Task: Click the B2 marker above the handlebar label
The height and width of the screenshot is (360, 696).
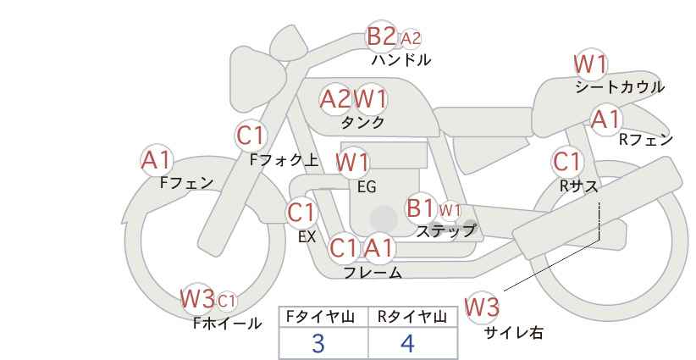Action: pyautogui.click(x=381, y=36)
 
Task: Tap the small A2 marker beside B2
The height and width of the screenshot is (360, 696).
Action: pyautogui.click(x=411, y=39)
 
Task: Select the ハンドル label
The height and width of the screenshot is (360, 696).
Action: pyautogui.click(x=401, y=59)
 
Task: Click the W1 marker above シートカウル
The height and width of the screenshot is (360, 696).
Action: pyautogui.click(x=590, y=64)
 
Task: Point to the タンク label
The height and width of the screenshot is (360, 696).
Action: pyautogui.click(x=362, y=122)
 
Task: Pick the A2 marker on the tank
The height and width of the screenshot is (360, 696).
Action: pyautogui.click(x=335, y=99)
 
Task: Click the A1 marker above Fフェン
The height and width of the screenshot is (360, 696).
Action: pyautogui.click(x=157, y=160)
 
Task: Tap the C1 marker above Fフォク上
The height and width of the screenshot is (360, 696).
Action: pyautogui.click(x=251, y=136)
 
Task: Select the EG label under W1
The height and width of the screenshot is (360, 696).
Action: pyautogui.click(x=367, y=187)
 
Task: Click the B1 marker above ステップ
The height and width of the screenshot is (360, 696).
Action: pyautogui.click(x=420, y=208)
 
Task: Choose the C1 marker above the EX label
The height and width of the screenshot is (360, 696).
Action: pyautogui.click(x=301, y=213)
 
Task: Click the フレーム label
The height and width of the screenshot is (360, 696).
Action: pyautogui.click(x=373, y=272)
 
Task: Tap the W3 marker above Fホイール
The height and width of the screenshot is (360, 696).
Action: pyautogui.click(x=197, y=298)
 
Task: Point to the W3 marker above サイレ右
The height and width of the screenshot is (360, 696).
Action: pyautogui.click(x=482, y=307)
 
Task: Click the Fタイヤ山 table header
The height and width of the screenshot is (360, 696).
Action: pyautogui.click(x=320, y=317)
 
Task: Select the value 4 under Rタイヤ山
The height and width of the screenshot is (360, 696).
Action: pyautogui.click(x=407, y=344)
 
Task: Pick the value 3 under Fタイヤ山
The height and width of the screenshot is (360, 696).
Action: pyautogui.click(x=318, y=344)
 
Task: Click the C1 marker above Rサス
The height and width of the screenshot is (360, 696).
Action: pyautogui.click(x=566, y=162)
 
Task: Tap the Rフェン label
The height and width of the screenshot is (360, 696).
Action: pyautogui.click(x=646, y=140)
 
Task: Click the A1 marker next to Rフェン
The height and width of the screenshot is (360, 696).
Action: pyautogui.click(x=606, y=119)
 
